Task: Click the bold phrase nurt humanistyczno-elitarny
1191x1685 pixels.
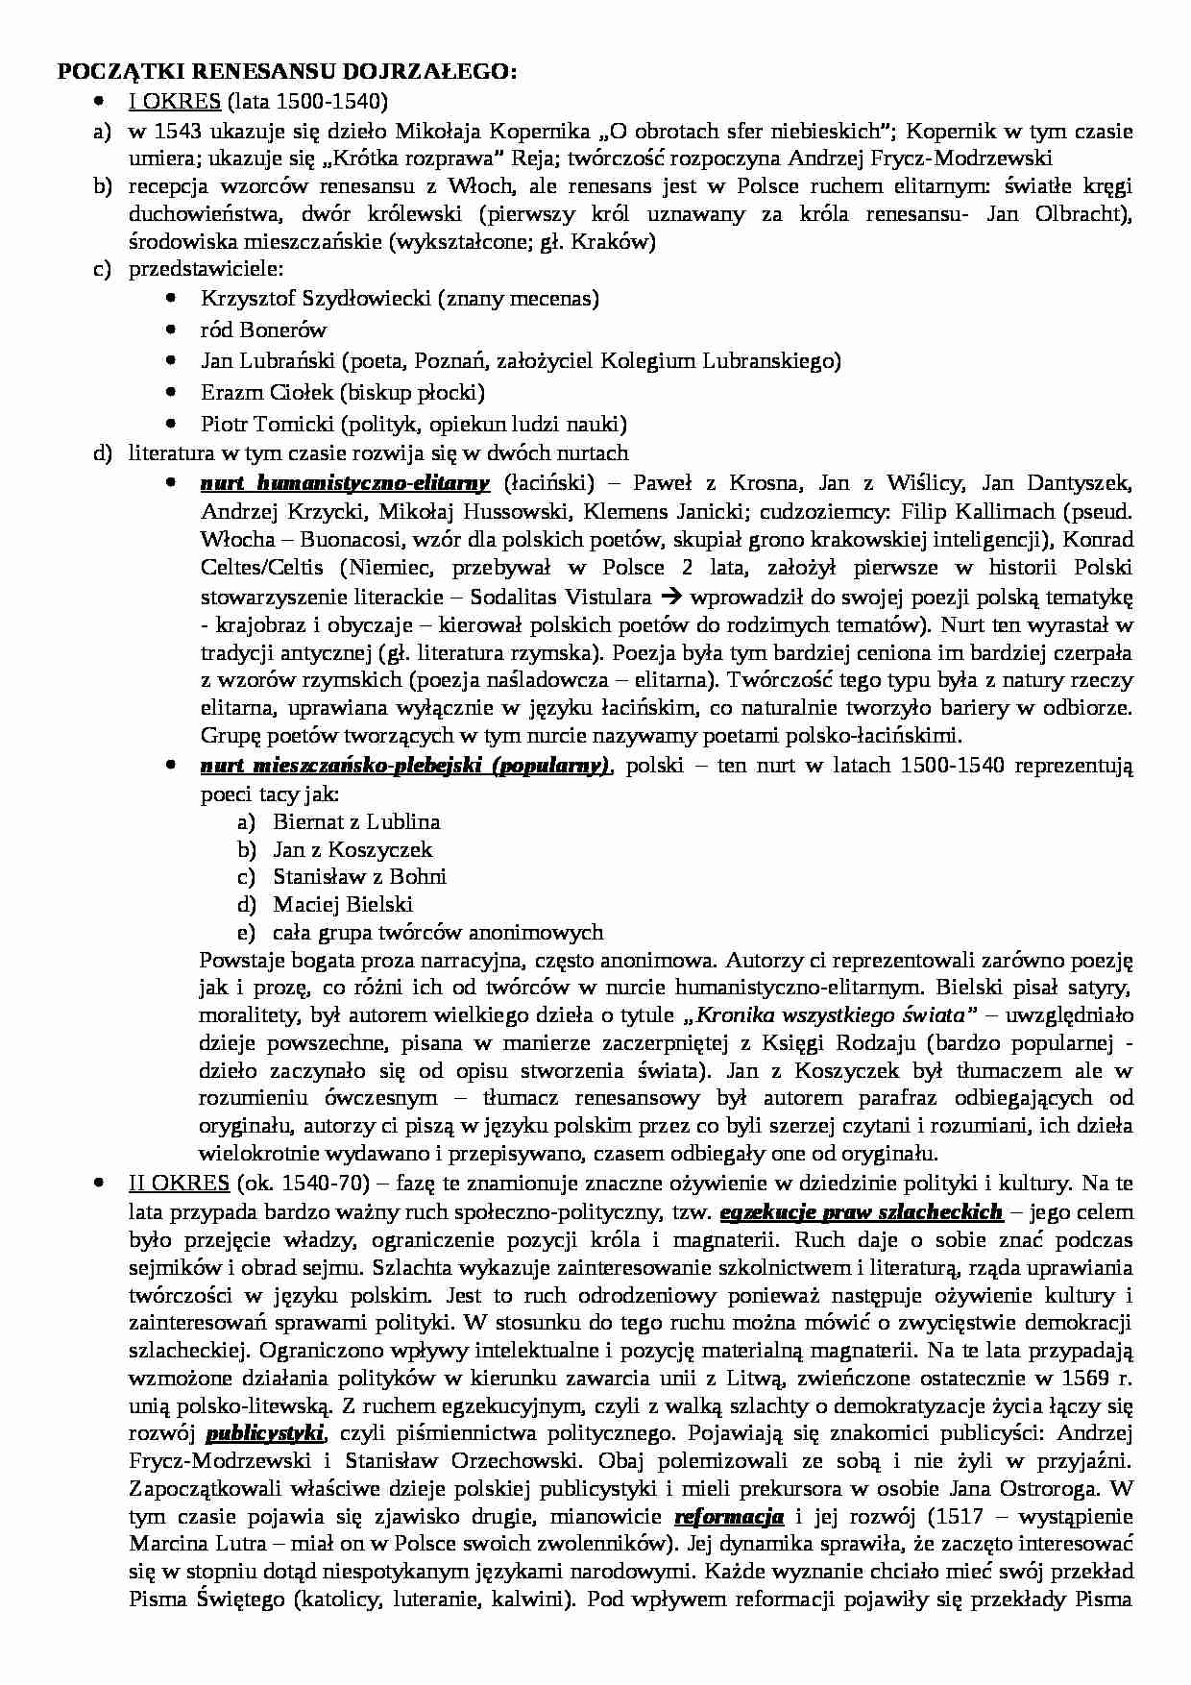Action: [x=345, y=482]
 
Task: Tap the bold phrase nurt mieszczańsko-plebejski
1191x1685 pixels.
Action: [x=404, y=766]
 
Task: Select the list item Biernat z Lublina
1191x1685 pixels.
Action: [x=356, y=821]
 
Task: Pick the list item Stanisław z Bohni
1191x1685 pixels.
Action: [x=359, y=876]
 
